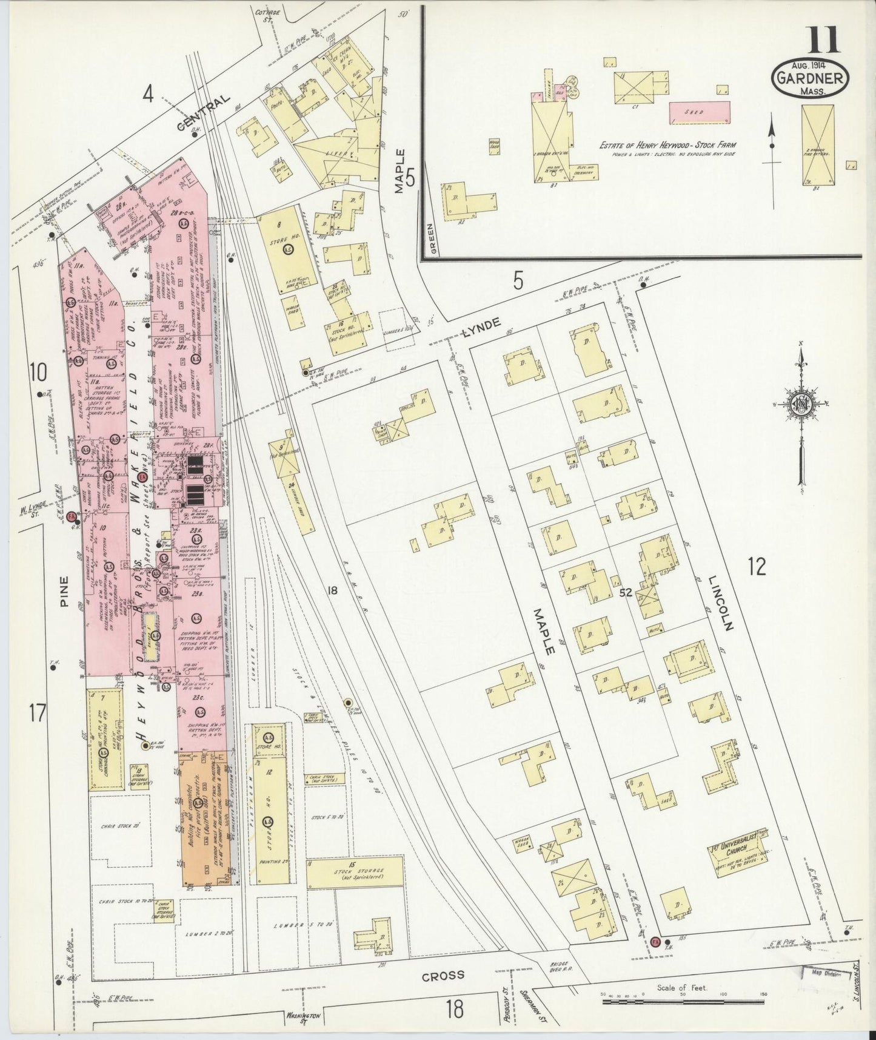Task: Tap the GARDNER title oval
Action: pyautogui.click(x=810, y=78)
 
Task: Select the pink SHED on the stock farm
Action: pyautogui.click(x=707, y=113)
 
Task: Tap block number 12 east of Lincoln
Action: pyautogui.click(x=757, y=566)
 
